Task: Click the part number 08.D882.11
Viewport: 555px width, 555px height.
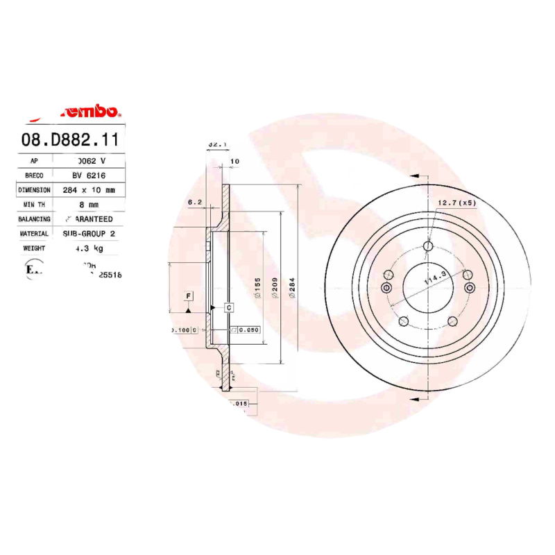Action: pyautogui.click(x=71, y=139)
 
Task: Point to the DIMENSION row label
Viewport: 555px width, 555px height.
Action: pyautogui.click(x=34, y=189)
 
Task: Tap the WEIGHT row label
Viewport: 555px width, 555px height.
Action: pyautogui.click(x=34, y=248)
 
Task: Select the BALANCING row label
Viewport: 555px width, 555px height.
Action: pyautogui.click(x=34, y=219)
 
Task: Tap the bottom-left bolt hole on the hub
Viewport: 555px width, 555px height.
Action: pyautogui.click(x=402, y=321)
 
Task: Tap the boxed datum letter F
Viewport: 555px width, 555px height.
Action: pyautogui.click(x=187, y=297)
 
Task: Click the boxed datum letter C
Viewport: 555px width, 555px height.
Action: pyautogui.click(x=228, y=306)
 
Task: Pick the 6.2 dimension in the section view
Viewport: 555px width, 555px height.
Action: pyautogui.click(x=194, y=203)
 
